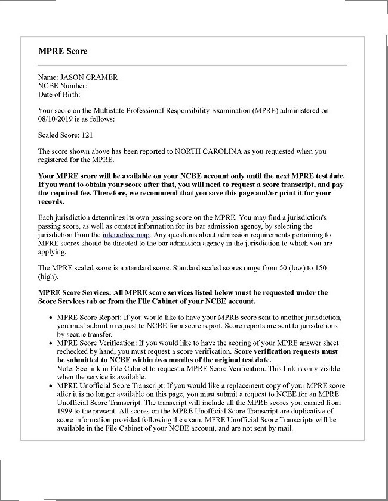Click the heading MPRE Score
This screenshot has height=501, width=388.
(x=63, y=51)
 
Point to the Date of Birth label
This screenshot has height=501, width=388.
(x=59, y=94)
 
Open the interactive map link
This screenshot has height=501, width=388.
(x=126, y=235)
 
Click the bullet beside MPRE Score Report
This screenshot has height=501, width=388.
(x=50, y=318)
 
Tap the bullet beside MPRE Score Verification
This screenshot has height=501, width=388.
(x=50, y=343)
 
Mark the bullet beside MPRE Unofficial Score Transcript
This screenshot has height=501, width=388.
(x=50, y=386)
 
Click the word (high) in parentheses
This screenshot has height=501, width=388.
(x=48, y=276)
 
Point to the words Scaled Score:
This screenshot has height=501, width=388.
(x=56, y=135)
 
